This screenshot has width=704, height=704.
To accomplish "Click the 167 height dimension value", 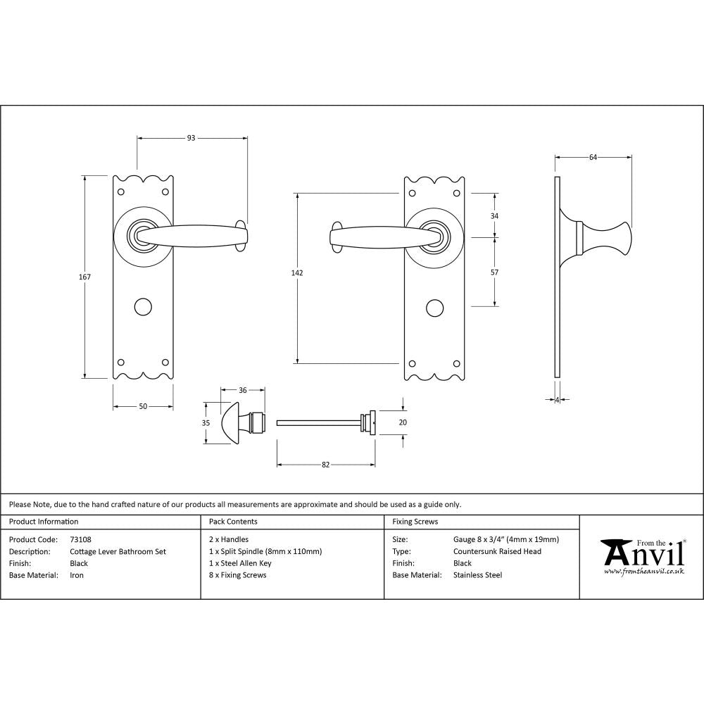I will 84,277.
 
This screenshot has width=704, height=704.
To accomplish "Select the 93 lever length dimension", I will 191,138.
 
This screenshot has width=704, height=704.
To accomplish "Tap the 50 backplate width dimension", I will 143,407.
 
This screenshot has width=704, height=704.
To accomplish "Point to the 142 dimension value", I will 298,272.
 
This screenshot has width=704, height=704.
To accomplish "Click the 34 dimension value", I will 494,215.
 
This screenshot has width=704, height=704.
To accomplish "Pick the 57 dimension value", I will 494,272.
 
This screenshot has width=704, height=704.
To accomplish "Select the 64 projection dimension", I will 593,157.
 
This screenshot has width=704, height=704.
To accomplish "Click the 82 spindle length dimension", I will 325,465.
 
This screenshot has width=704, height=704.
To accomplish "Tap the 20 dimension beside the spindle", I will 403,422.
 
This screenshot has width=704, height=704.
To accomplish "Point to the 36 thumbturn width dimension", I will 243,390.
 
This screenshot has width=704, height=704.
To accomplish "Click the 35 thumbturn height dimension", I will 206,423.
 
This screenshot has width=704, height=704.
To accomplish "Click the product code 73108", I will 80,540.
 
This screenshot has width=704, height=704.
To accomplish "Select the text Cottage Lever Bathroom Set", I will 118,552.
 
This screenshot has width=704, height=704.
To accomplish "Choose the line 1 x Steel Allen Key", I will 240,563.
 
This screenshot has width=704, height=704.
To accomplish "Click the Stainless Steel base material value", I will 477,575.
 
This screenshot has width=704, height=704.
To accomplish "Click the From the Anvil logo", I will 641,557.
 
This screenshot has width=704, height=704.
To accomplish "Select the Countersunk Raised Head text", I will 497,552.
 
